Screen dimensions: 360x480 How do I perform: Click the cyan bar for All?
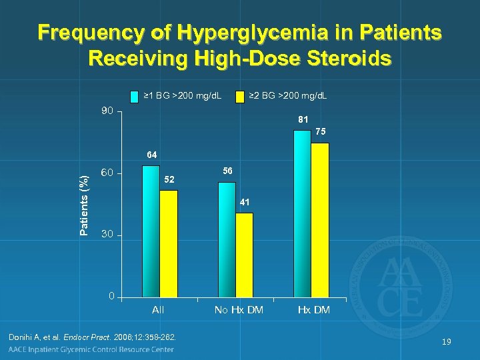point(151,231)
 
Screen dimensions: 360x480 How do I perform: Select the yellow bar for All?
point(169,243)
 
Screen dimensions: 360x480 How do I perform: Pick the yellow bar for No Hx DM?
point(244,254)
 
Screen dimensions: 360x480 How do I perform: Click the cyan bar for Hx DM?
point(302,213)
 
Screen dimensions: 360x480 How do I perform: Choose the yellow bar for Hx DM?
point(320,219)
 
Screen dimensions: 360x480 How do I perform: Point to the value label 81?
point(303,120)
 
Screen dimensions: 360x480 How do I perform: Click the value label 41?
point(245,202)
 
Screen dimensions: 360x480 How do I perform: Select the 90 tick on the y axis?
point(107,111)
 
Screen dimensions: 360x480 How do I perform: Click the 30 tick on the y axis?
point(107,235)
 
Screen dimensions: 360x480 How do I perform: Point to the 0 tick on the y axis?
point(111,296)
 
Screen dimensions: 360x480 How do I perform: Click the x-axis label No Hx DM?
point(239,310)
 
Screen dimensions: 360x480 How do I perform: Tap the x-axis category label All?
point(158,310)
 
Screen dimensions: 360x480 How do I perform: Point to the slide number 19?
point(447,342)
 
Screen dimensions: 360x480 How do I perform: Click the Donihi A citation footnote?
point(93,338)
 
